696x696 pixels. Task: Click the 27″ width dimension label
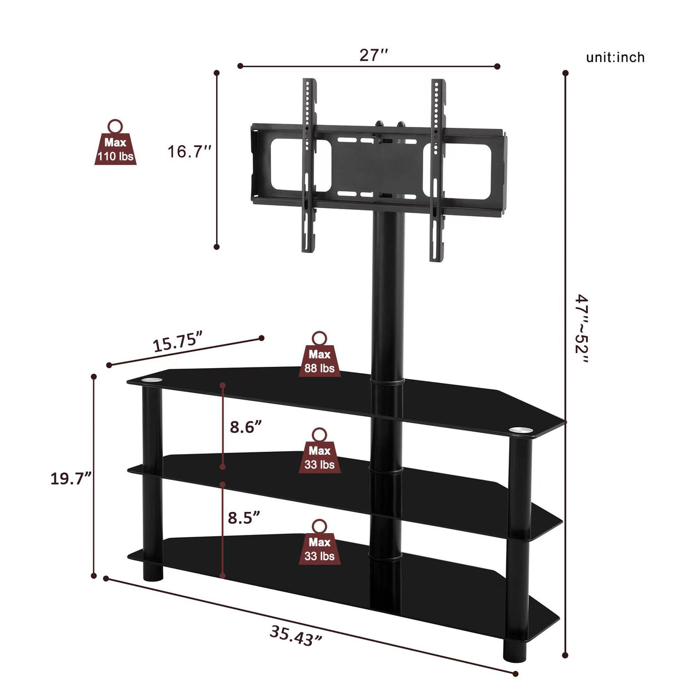pyautogui.click(x=374, y=55)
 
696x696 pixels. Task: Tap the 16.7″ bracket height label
pyautogui.click(x=190, y=152)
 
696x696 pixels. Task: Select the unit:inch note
pyautogui.click(x=615, y=57)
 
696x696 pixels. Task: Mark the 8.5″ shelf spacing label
pyautogui.click(x=244, y=518)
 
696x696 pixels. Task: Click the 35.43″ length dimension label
pyautogui.click(x=296, y=636)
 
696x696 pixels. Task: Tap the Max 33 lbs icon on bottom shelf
pyautogui.click(x=319, y=543)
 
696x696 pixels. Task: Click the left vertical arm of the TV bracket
pyautogui.click(x=308, y=166)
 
